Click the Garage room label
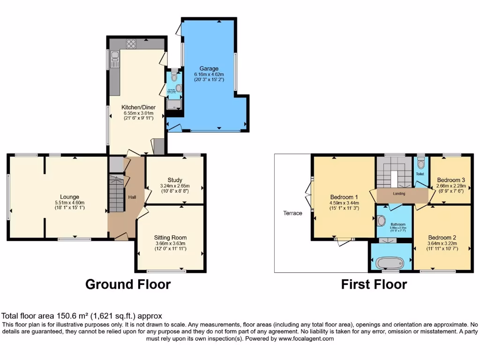pyautogui.click(x=209, y=68)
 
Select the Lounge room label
pyautogui.click(x=69, y=196)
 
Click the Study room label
pyautogui.click(x=175, y=180)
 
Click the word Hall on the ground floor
pyautogui.click(x=132, y=197)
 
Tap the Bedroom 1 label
pyautogui.click(x=344, y=196)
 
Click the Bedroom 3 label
pyautogui.click(x=450, y=180)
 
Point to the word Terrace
pyautogui.click(x=292, y=213)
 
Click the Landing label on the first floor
pyautogui.click(x=399, y=194)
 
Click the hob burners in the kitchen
pyautogui.click(x=131, y=45)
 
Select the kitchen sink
pyautogui.click(x=114, y=59)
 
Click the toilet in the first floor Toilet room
pyautogui.click(x=420, y=164)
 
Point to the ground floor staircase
pyautogui.click(x=115, y=192)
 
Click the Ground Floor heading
pyautogui.click(x=127, y=284)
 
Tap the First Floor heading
pyautogui.click(x=374, y=284)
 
